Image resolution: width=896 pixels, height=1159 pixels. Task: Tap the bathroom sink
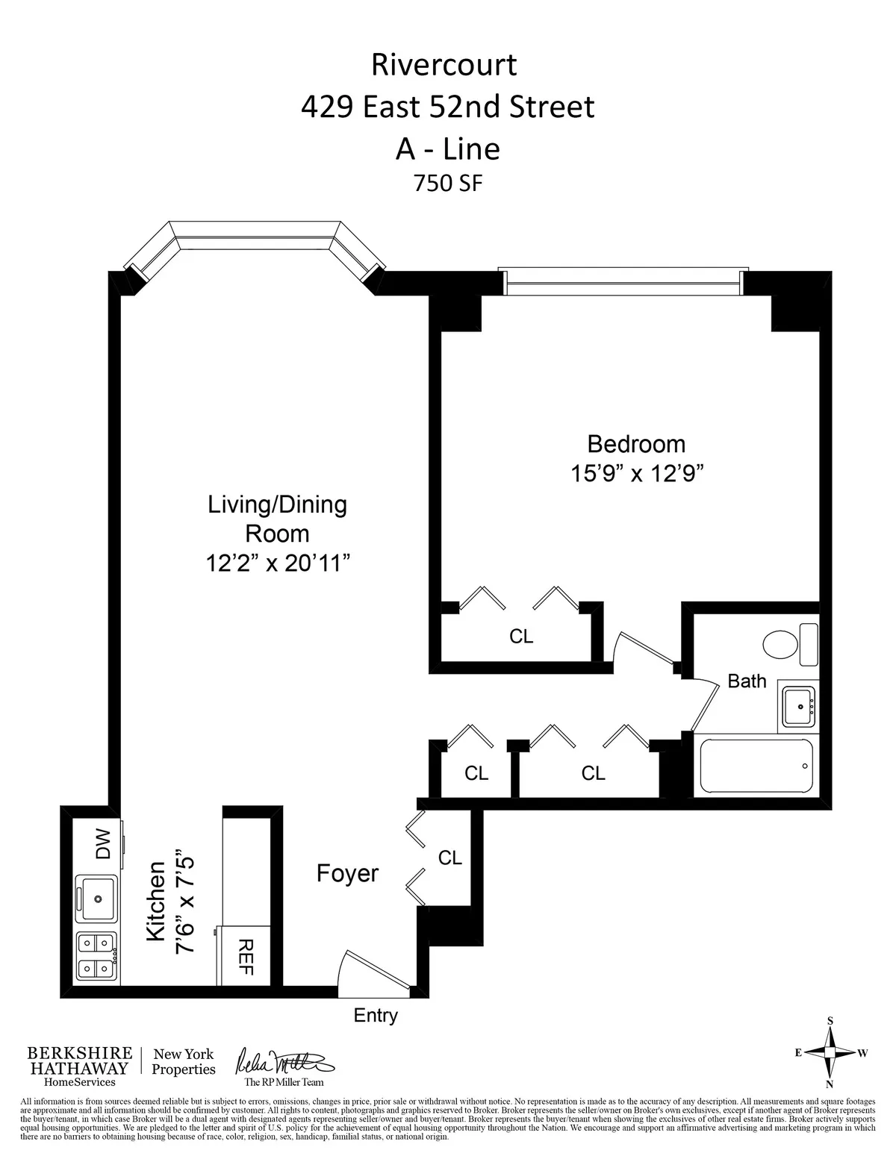coord(799,704)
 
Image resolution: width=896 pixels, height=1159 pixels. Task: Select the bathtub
coord(756,766)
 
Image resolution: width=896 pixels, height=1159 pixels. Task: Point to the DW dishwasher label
coord(102,843)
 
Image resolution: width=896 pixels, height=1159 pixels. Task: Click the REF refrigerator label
coord(246,957)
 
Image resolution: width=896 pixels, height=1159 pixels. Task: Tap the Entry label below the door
coord(376,1015)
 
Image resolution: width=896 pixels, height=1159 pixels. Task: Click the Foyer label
coord(347,873)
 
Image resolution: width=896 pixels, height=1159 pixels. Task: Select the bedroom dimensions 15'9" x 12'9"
coord(635,474)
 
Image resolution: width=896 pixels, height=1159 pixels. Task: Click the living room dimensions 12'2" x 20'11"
coord(278,563)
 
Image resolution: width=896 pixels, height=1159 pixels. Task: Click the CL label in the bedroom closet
coord(521,636)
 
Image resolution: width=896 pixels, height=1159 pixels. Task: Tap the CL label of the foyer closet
coord(450,857)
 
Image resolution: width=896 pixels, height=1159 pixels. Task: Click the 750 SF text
coord(448,183)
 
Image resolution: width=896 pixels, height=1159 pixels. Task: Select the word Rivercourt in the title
coord(444,65)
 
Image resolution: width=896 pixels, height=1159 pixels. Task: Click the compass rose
coord(830,1052)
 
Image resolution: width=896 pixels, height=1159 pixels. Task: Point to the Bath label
coord(747,681)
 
